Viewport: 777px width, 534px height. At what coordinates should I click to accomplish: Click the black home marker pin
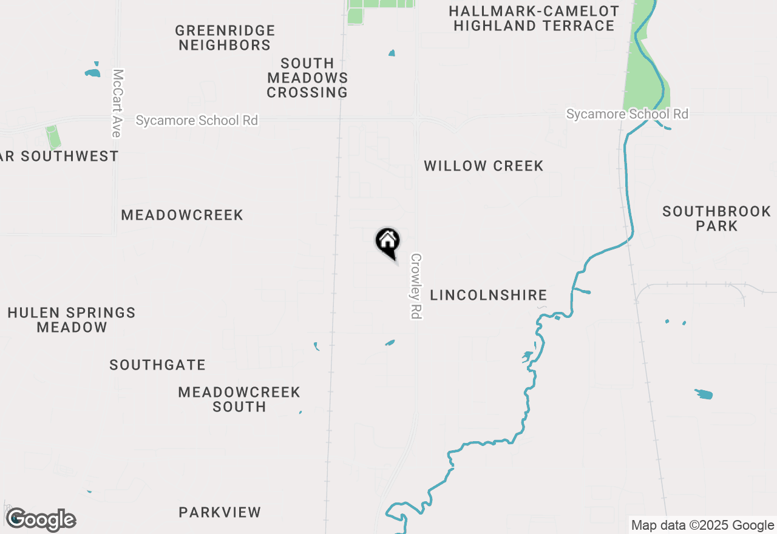[388, 242]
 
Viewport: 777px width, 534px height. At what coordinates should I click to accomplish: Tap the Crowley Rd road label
[416, 286]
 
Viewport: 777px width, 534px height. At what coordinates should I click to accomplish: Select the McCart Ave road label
[118, 103]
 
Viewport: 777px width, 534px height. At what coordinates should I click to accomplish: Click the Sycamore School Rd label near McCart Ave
[197, 121]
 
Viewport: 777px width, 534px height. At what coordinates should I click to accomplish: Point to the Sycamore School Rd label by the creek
[627, 114]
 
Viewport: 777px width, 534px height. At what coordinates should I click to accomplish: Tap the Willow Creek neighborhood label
[483, 166]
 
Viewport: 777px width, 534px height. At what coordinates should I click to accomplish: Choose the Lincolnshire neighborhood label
[489, 296]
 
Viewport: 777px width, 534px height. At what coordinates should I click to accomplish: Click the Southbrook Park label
[716, 218]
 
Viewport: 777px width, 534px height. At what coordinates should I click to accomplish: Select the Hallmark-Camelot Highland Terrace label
[534, 19]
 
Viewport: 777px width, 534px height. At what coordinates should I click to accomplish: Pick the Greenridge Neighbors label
[225, 38]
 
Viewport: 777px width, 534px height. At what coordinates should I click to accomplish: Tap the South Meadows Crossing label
[307, 78]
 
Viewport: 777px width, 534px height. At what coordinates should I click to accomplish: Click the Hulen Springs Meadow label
[72, 320]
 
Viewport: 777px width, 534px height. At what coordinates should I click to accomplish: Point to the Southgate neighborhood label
[157, 365]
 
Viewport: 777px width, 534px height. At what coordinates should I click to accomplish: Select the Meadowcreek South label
[239, 399]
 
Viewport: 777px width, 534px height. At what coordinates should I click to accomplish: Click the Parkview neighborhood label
[220, 513]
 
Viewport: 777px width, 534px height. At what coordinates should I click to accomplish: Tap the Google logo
[41, 520]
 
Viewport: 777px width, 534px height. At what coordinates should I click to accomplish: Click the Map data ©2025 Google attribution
[702, 526]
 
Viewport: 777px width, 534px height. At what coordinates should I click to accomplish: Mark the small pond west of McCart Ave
[92, 73]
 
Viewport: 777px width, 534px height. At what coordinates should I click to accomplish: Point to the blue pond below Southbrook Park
[704, 394]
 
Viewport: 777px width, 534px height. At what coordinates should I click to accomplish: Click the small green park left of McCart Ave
[53, 137]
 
